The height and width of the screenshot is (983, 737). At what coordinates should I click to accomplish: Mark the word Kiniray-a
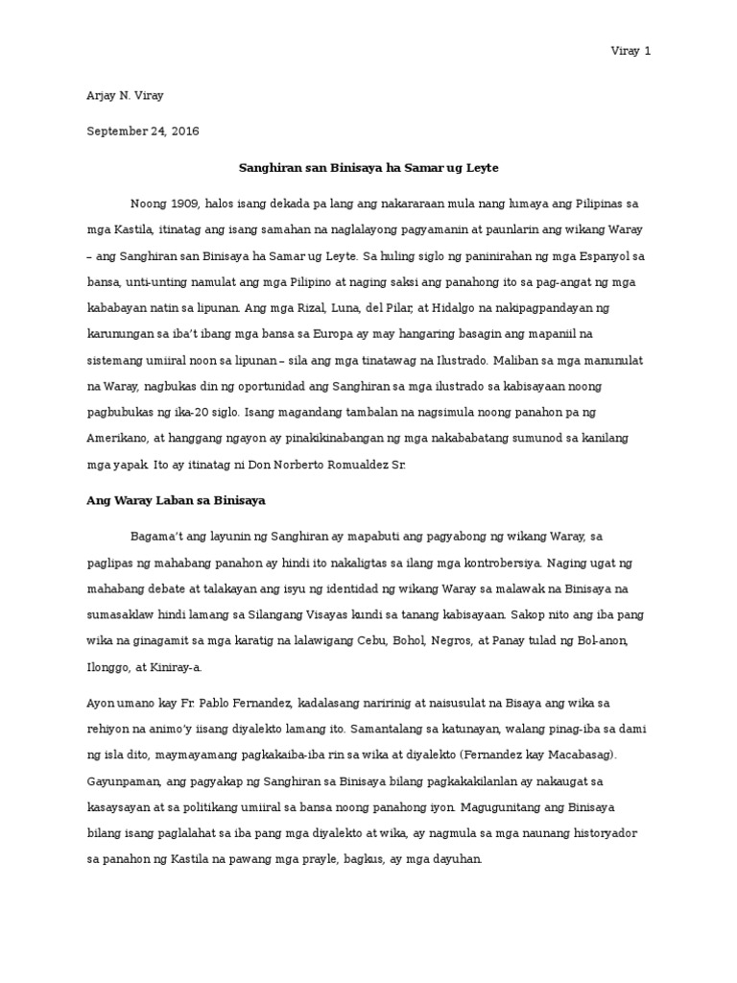click(x=195, y=667)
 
